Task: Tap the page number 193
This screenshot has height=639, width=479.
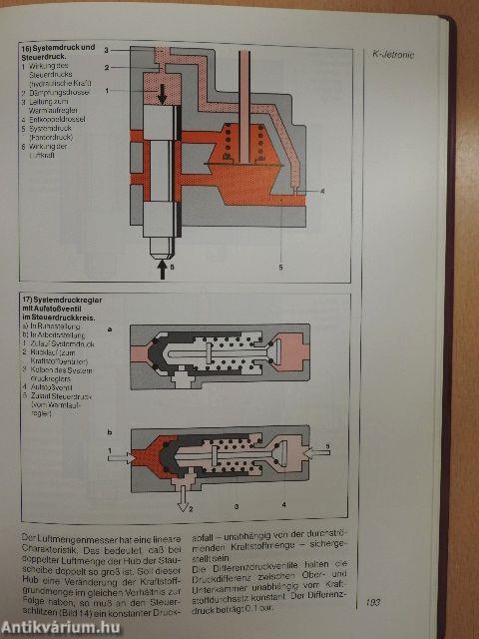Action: pyautogui.click(x=374, y=601)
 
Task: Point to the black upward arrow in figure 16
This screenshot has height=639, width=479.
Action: pyautogui.click(x=163, y=271)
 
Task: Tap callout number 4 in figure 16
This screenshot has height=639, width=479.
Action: pyautogui.click(x=322, y=190)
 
